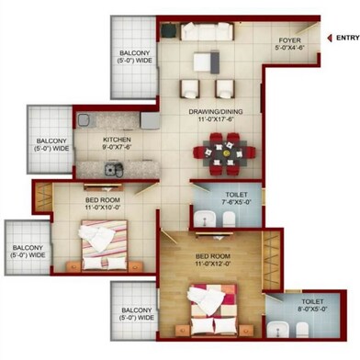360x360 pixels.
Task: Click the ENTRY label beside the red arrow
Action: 346,38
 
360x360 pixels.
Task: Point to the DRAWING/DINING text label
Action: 212,116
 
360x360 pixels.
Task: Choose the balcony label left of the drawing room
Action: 137,60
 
